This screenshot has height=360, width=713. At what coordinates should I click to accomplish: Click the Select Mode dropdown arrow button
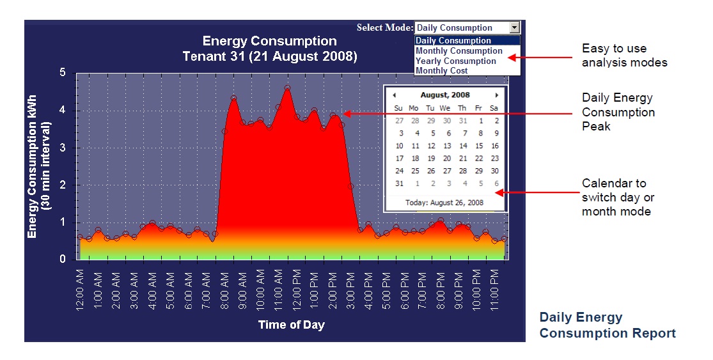click(514, 27)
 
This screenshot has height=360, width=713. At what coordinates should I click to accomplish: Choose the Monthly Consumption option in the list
click(459, 51)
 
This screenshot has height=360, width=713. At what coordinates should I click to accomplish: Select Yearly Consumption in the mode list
click(456, 61)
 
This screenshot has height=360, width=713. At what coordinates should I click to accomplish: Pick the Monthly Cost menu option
click(442, 70)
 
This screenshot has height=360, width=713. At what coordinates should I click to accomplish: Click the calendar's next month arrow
click(497, 95)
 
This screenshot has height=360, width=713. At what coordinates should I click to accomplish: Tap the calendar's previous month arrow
click(394, 95)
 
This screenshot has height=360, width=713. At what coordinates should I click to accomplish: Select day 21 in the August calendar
click(463, 159)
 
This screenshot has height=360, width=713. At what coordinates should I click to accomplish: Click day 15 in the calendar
click(479, 146)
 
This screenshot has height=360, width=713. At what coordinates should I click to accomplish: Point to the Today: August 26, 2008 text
click(444, 203)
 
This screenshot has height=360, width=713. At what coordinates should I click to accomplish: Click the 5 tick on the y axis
click(63, 73)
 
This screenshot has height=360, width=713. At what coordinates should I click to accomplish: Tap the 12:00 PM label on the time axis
click(296, 290)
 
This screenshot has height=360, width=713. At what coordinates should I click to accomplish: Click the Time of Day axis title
click(291, 325)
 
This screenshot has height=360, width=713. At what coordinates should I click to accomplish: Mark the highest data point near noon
click(288, 88)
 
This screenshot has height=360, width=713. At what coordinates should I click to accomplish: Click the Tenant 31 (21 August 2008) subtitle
click(269, 56)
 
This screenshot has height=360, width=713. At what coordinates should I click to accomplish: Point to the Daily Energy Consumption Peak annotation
click(618, 113)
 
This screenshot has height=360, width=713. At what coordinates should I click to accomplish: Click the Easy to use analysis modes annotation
click(624, 56)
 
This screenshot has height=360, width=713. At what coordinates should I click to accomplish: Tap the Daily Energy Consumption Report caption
click(607, 325)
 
